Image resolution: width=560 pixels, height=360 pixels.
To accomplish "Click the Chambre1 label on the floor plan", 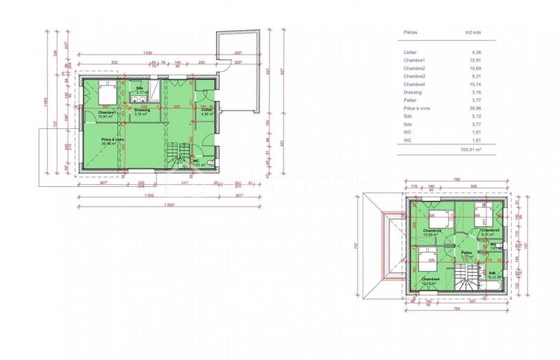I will [x=106, y=113].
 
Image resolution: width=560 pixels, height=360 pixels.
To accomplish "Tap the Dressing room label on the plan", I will [x=143, y=111].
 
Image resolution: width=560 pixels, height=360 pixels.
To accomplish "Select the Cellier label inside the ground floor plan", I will [x=206, y=111].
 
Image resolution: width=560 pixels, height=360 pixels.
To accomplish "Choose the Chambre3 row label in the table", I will [x=415, y=76].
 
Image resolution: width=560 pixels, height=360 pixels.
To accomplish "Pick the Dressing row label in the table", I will [x=414, y=92].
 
